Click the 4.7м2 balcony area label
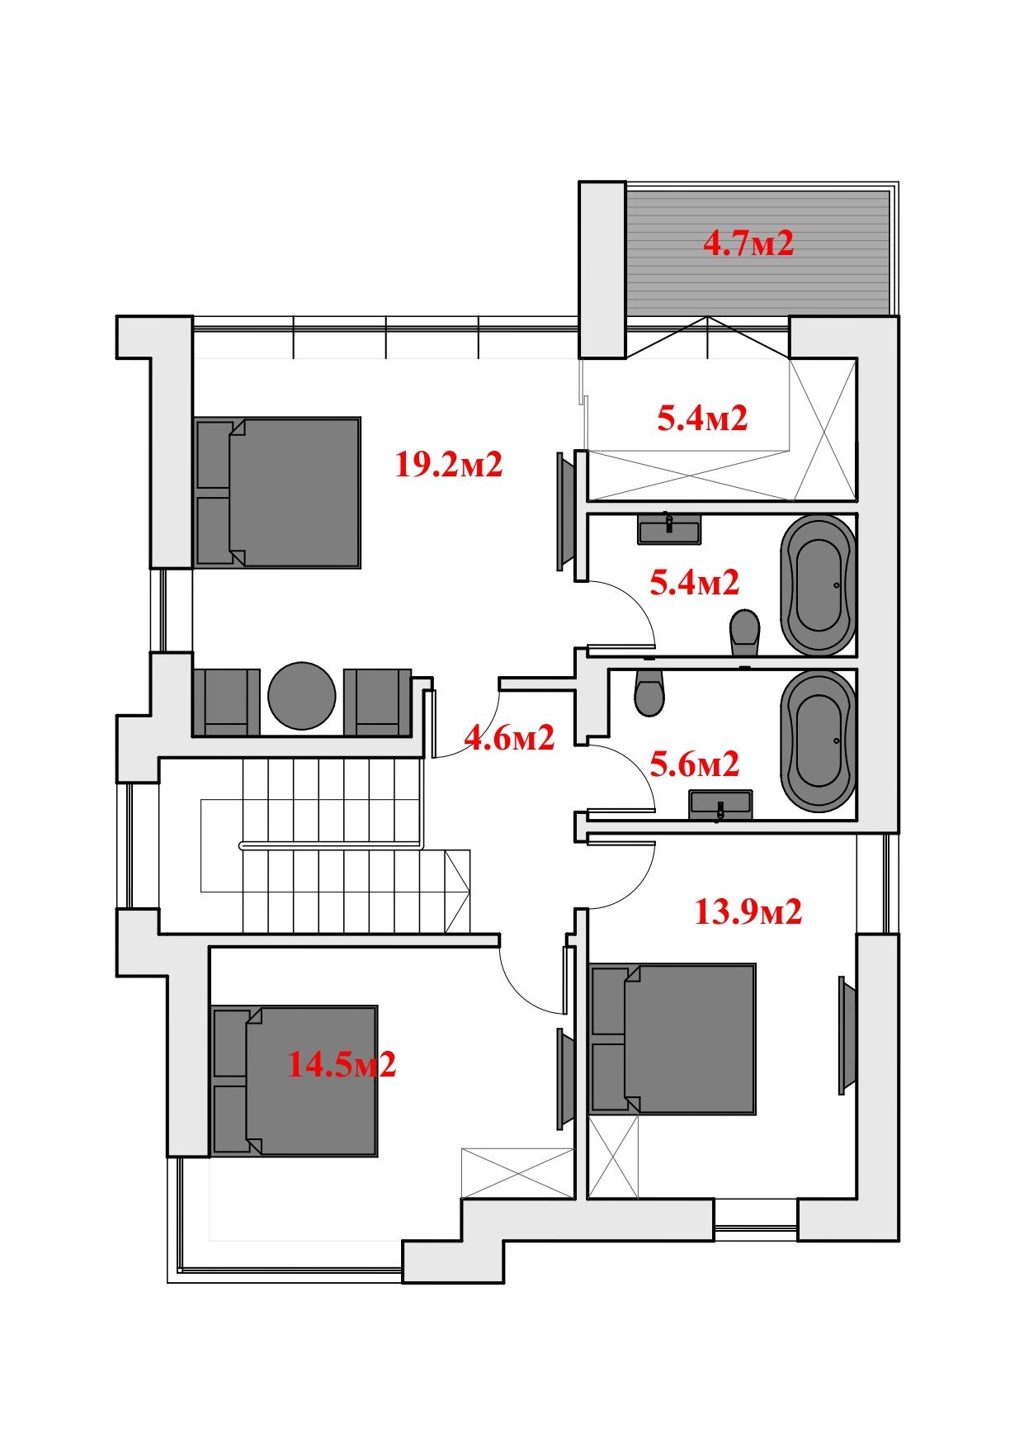coord(748,244)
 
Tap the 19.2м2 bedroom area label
coord(449,465)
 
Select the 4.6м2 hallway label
coord(509,737)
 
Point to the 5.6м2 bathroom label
coord(695,764)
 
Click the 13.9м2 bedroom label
coord(748,912)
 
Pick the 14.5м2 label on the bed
coord(342,1064)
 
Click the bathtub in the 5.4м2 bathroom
coord(818,585)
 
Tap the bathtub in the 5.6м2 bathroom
coord(818,741)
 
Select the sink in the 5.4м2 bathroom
coord(669,528)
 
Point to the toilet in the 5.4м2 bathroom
coord(744,632)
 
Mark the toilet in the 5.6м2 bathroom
coord(649,692)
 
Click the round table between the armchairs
coord(303,696)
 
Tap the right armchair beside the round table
coord(378,702)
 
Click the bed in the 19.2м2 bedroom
coord(278,492)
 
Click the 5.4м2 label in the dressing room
coord(702,419)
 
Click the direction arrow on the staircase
coord(457,891)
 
